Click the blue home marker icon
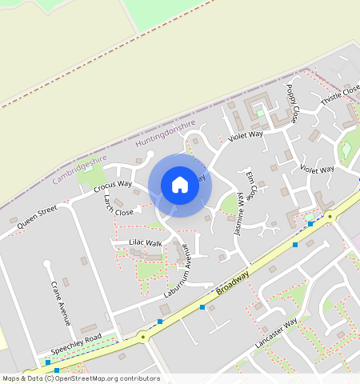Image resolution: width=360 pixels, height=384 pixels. [180, 185]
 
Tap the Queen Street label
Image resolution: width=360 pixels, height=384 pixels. [38, 217]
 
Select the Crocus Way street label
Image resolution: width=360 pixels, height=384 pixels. [112, 186]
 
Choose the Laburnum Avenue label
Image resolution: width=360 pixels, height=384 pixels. [177, 270]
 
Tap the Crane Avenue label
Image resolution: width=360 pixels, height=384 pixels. [60, 303]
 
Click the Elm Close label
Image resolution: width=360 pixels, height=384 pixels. [252, 185]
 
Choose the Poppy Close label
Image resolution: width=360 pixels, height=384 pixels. [293, 103]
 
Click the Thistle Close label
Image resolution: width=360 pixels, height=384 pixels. [341, 96]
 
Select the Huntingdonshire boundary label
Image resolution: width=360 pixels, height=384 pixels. [166, 134]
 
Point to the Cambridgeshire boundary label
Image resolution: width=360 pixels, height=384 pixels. [79, 170]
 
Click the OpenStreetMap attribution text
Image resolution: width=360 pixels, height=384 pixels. [80, 378]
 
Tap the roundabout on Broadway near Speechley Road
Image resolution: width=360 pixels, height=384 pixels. [143, 337]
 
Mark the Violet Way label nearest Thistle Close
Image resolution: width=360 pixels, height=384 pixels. [317, 170]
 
